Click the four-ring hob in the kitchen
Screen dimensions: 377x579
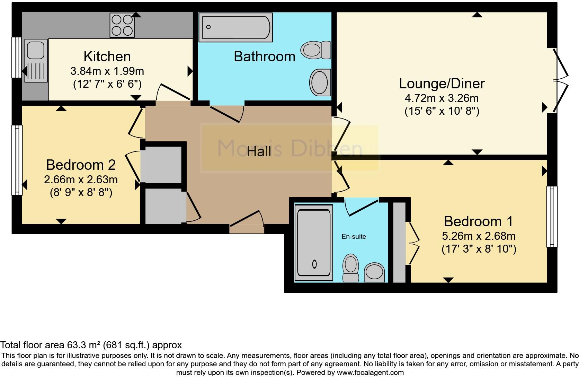122,25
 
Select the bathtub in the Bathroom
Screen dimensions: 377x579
235,27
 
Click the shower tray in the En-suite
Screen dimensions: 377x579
314,243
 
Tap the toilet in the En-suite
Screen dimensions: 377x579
350,268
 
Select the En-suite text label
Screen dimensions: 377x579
354,237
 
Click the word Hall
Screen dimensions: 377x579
259,151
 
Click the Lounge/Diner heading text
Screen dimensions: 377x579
442,84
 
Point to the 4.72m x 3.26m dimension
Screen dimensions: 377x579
442,98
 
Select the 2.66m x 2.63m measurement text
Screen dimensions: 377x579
81,179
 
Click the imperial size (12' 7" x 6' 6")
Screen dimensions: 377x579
107,84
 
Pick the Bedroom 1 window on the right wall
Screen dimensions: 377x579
552,217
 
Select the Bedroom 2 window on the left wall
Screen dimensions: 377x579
17,160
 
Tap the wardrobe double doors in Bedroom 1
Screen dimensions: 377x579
413,244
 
